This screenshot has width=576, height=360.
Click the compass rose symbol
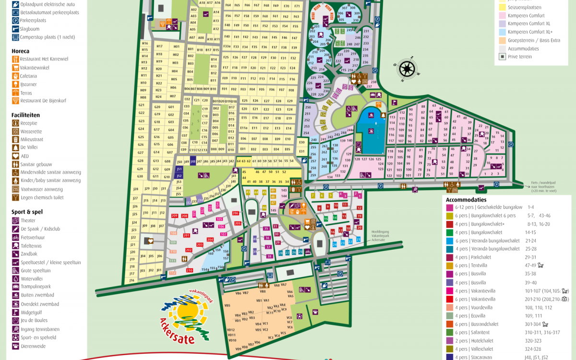pos(407,69)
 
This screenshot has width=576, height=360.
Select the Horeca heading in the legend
pos(20,51)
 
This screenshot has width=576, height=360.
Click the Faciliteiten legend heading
pos(25,115)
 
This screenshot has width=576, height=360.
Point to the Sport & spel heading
pos(27,211)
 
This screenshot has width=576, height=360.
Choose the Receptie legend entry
pos(28,123)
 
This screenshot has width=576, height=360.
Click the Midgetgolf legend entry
pos(31,312)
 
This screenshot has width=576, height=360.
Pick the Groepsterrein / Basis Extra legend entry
pos(533,40)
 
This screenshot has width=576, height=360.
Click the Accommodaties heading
pos(466,200)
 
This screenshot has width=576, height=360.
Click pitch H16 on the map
pos(144,44)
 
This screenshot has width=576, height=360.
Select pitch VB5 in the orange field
pos(227,305)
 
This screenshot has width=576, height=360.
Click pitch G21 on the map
pos(142,105)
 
